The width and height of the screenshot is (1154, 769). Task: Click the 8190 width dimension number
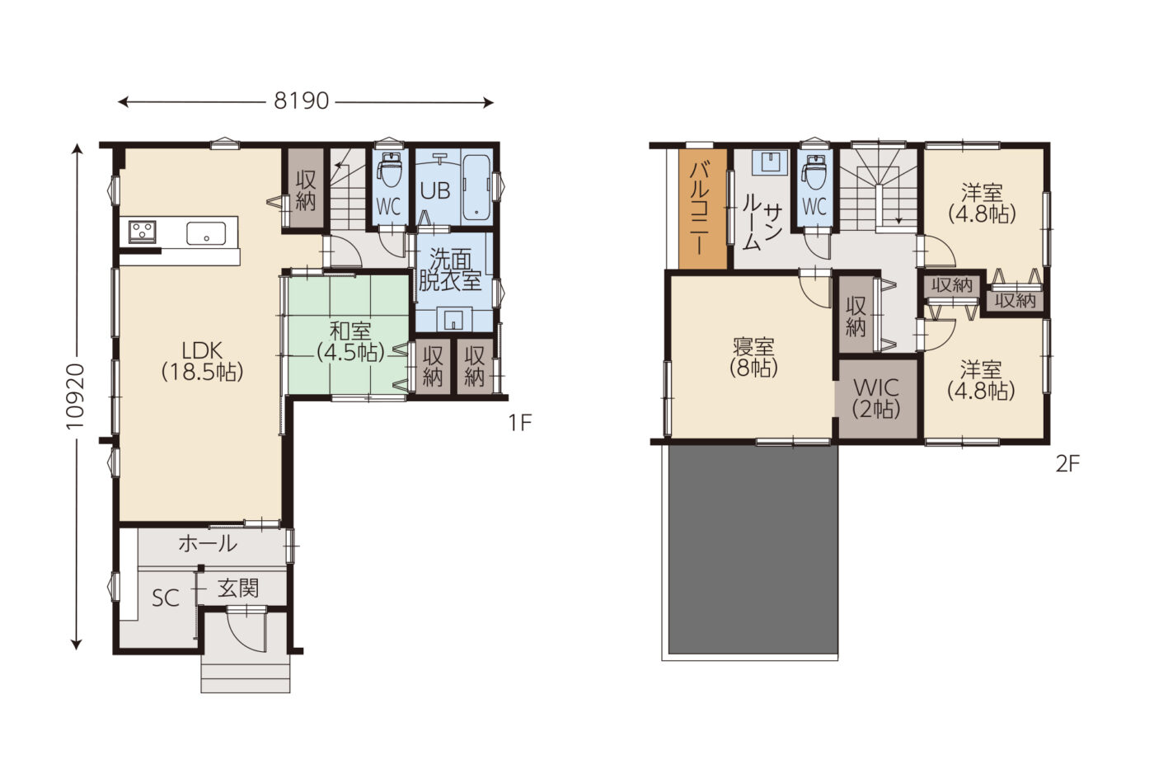301,101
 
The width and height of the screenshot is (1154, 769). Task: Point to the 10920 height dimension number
76,396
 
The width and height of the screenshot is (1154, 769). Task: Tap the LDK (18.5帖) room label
202,361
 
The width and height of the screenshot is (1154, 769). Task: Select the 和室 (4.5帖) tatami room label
350,341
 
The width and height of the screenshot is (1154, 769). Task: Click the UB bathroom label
435,191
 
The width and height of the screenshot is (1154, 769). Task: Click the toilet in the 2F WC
814,172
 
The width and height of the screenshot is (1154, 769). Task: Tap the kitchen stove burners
142,232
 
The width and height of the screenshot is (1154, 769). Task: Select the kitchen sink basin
205,233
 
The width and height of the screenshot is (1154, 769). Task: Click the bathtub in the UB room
476,188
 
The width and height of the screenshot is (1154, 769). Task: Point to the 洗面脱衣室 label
450,270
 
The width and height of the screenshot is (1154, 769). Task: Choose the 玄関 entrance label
238,588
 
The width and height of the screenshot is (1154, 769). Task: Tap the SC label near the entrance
166,598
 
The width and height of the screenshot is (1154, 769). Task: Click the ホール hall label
208,543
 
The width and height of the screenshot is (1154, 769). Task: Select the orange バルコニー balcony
702,208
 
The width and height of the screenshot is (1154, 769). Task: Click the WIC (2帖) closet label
876,398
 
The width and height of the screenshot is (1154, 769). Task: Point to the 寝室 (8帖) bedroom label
753,358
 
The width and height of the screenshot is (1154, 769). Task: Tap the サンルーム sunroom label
762,227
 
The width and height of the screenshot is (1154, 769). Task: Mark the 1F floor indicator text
520,423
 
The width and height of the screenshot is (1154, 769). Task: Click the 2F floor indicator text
1067,465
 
